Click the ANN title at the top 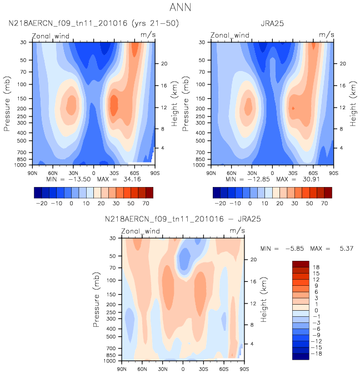tap(180, 8)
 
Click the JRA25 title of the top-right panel tap(272, 24)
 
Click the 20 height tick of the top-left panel tap(164, 64)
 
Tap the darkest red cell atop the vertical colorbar tap(301, 264)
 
